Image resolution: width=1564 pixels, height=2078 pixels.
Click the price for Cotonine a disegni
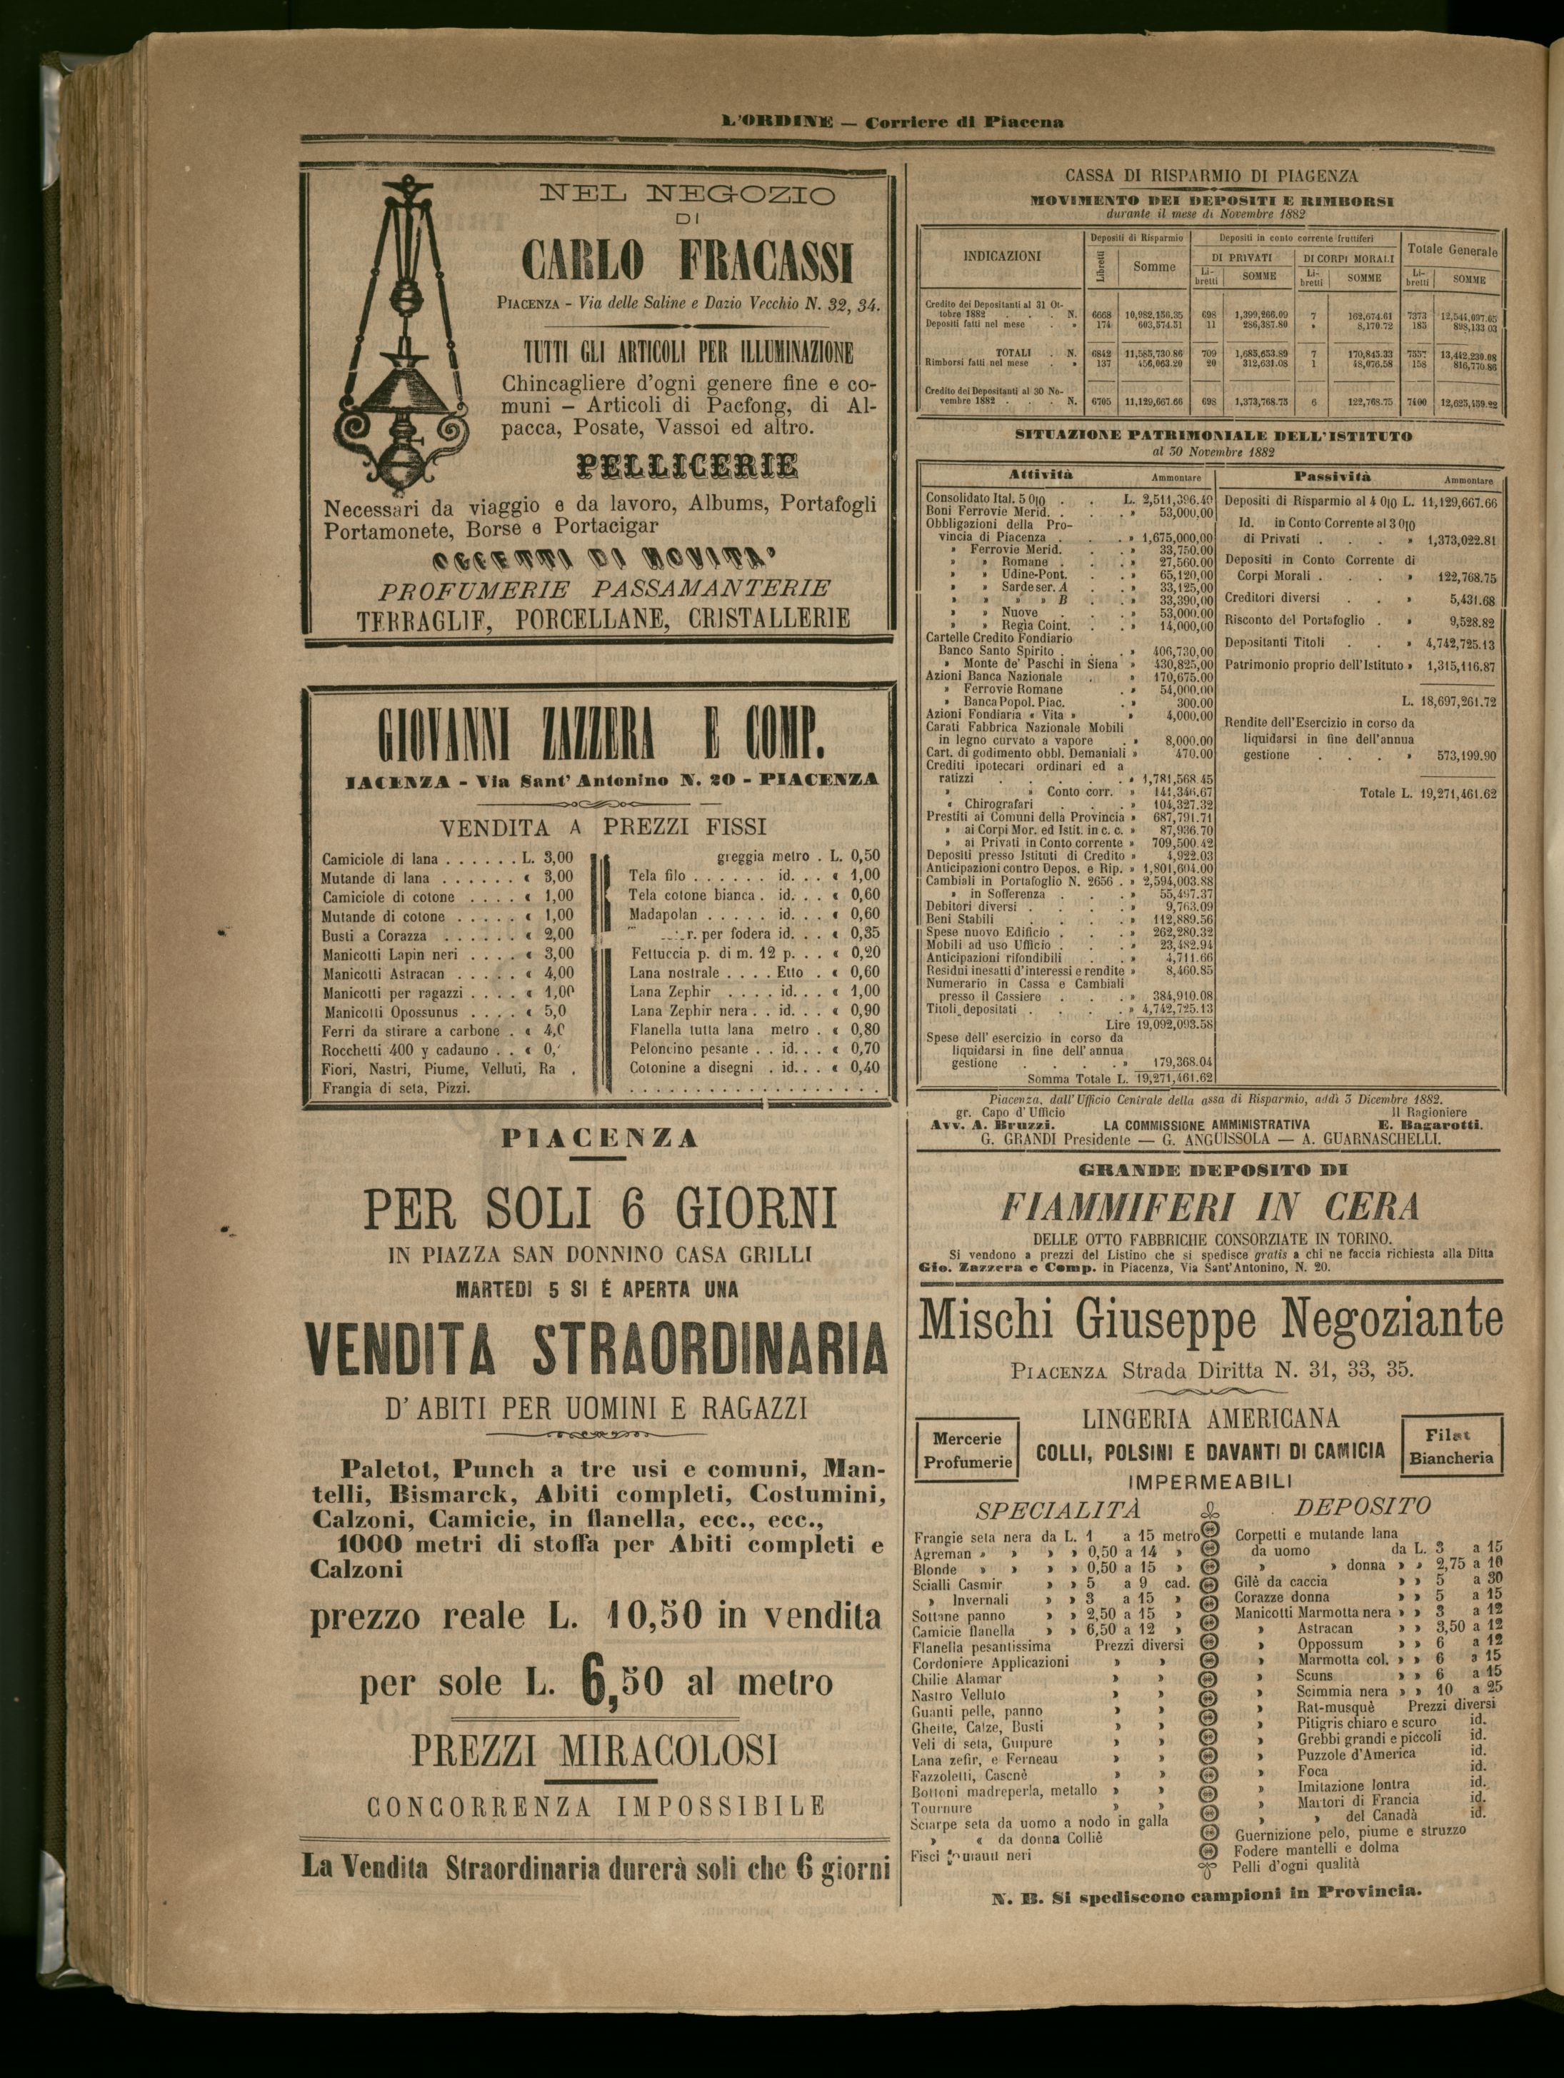(864, 1067)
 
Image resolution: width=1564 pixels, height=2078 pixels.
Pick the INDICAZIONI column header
(1002, 255)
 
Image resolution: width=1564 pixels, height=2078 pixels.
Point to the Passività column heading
(1331, 477)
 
